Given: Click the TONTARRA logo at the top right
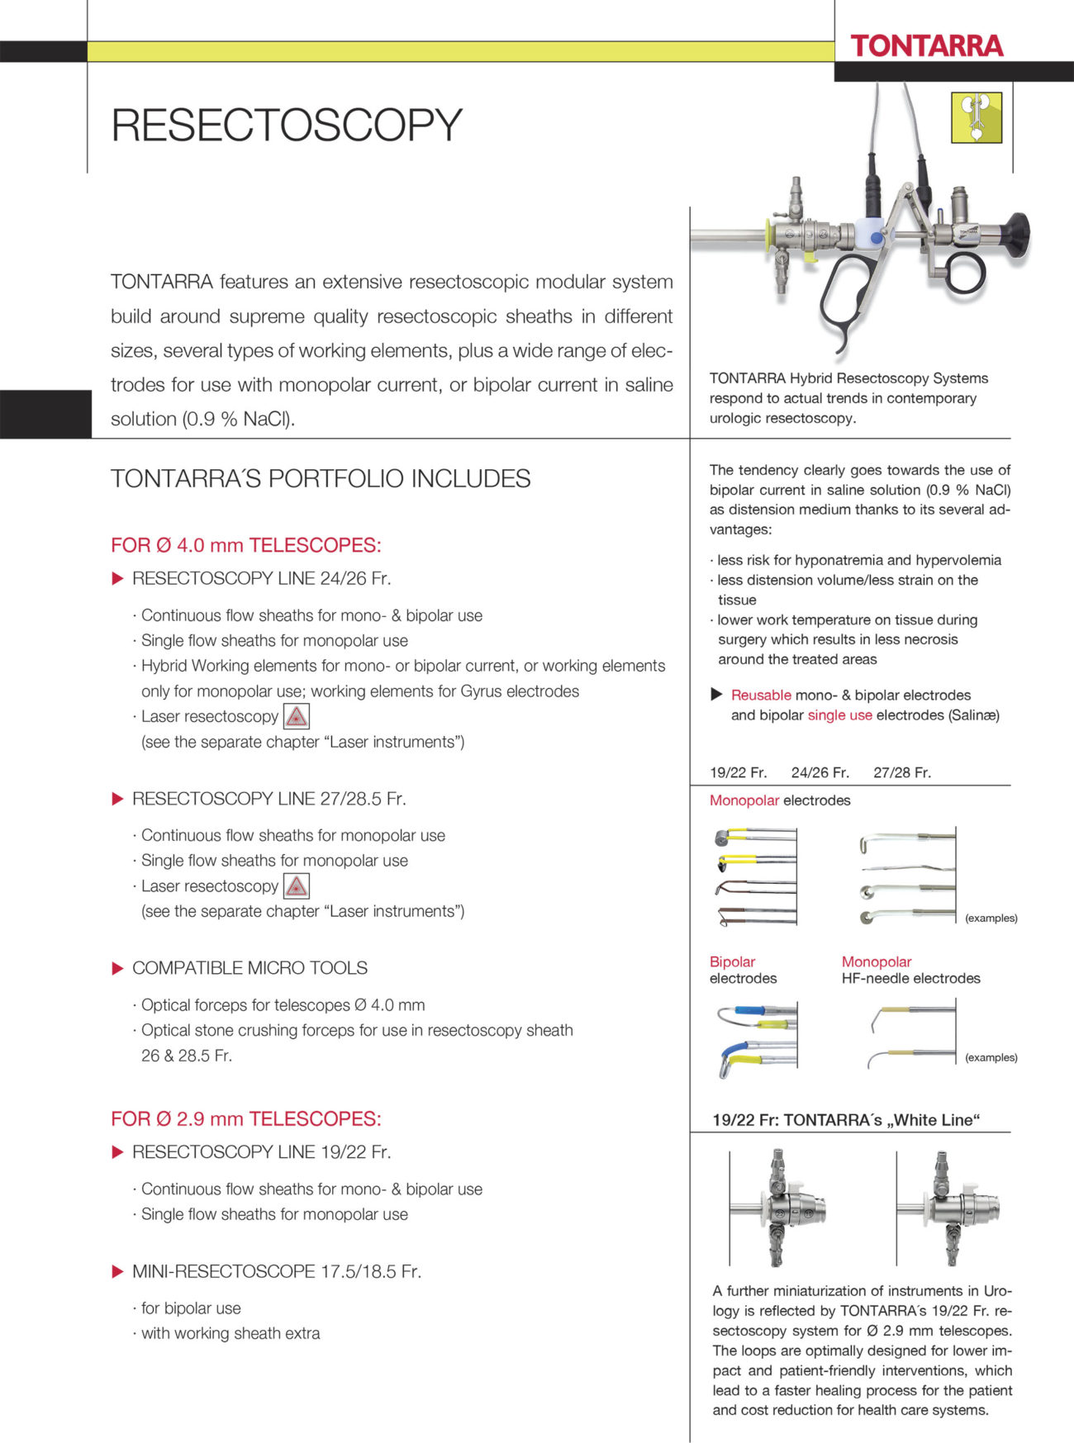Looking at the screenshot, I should pyautogui.click(x=926, y=45).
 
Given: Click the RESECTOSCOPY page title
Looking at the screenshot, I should pyautogui.click(x=286, y=125).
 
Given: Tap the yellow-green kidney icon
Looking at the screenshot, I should pyautogui.click(x=977, y=117).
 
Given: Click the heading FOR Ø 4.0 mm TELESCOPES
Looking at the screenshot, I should pyautogui.click(x=245, y=545).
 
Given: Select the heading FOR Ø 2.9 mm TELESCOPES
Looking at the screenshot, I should pyautogui.click(x=245, y=1119).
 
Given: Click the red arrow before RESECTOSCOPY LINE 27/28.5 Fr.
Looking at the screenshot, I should pyautogui.click(x=117, y=799).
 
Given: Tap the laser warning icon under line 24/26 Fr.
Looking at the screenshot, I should pyautogui.click(x=296, y=716).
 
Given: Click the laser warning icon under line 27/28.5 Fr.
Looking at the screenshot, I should pyautogui.click(x=296, y=886).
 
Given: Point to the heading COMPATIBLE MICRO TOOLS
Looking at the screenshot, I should pyautogui.click(x=249, y=968).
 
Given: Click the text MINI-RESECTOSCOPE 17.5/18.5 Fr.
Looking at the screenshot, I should pyautogui.click(x=276, y=1271).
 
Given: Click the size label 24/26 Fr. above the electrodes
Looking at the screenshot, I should pyautogui.click(x=820, y=772).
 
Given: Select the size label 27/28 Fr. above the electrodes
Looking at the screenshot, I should pyautogui.click(x=901, y=772).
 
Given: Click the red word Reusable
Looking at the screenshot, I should pyautogui.click(x=760, y=695).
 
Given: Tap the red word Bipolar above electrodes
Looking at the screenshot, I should pyautogui.click(x=732, y=961).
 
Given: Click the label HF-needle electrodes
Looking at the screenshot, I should pyautogui.click(x=910, y=978).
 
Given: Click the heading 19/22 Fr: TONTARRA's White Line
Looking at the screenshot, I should pyautogui.click(x=846, y=1120).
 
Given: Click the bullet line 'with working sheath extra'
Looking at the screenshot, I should pyautogui.click(x=230, y=1333).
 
